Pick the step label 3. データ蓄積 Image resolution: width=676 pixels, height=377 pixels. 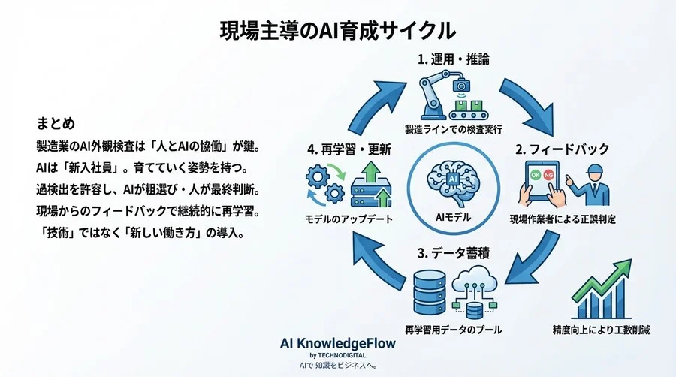(451, 252)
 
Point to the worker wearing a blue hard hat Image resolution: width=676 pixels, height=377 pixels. (589, 183)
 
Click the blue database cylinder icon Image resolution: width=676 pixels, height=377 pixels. (428, 291)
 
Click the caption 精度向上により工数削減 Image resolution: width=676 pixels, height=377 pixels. (599, 329)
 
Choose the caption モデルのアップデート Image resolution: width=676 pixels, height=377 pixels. (346, 220)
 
